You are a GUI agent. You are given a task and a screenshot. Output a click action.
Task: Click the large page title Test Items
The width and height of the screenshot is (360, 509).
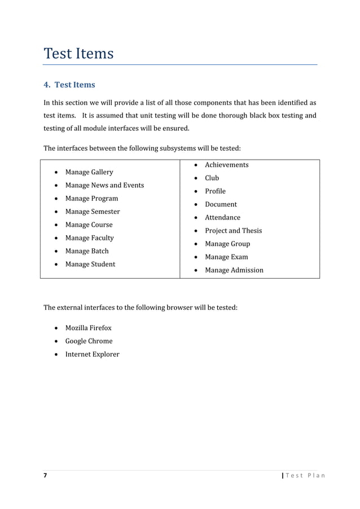(78, 54)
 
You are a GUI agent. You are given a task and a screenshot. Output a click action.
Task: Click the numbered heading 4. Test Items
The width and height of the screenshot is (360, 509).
(69, 85)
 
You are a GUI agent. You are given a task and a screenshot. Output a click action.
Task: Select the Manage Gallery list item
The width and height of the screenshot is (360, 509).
(89, 172)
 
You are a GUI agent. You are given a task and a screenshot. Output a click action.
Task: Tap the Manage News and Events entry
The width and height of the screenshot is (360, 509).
(104, 185)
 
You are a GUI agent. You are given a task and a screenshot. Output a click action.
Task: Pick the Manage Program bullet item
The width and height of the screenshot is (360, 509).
(91, 199)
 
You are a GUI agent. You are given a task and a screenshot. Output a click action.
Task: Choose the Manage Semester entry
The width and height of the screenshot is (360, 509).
(93, 212)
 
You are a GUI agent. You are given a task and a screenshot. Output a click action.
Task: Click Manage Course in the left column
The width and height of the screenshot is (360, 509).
(89, 225)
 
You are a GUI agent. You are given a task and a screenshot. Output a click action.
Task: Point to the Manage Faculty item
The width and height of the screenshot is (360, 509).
(89, 238)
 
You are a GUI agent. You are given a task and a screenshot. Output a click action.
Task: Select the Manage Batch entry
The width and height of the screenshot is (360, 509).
(87, 251)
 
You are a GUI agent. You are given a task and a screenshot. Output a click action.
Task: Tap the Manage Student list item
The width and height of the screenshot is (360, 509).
(90, 264)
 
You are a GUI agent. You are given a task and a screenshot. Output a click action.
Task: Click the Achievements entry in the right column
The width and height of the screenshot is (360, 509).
(226, 165)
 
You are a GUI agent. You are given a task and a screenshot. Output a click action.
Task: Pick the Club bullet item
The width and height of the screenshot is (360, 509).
(212, 178)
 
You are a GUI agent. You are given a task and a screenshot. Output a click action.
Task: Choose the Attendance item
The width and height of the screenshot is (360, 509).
(222, 217)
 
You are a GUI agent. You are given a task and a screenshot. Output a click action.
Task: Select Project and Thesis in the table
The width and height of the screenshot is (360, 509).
(233, 231)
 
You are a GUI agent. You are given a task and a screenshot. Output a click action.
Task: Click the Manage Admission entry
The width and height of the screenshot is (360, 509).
(234, 270)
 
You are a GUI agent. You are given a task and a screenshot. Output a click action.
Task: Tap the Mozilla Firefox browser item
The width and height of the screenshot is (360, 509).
(88, 328)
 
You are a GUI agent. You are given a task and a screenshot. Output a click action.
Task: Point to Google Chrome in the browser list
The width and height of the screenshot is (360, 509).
(89, 341)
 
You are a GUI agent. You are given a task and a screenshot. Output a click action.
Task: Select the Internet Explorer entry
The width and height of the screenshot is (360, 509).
(92, 354)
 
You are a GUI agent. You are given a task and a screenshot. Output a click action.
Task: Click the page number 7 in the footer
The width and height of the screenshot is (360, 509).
(46, 476)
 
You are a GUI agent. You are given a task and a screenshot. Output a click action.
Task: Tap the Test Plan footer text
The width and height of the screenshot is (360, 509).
(305, 476)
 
